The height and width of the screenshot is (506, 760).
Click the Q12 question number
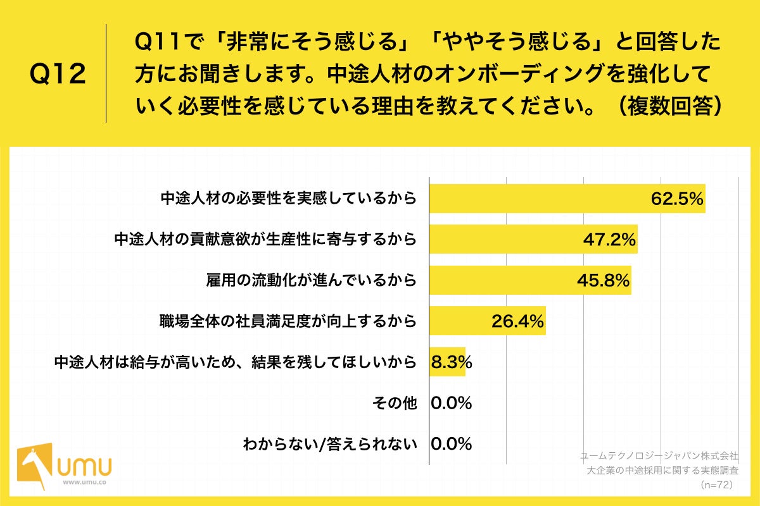click(58, 75)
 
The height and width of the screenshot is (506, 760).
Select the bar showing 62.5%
click(567, 199)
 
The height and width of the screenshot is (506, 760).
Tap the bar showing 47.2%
click(533, 239)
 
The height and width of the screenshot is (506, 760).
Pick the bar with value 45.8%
click(529, 280)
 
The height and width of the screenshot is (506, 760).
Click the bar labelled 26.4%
click(487, 321)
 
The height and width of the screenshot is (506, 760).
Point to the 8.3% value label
click(451, 362)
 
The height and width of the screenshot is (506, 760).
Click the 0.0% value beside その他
click(451, 403)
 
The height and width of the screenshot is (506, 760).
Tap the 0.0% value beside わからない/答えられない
click(451, 444)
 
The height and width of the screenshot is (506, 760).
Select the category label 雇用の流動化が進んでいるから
click(311, 280)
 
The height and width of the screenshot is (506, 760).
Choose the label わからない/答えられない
click(330, 444)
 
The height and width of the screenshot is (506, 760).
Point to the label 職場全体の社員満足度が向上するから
click(288, 321)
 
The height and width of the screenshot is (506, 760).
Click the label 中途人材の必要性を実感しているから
click(288, 199)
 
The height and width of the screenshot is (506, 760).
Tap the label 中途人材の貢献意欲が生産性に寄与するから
click(265, 240)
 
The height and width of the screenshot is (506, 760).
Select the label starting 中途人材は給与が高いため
click(235, 362)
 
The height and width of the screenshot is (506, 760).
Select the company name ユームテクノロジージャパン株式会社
click(659, 455)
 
